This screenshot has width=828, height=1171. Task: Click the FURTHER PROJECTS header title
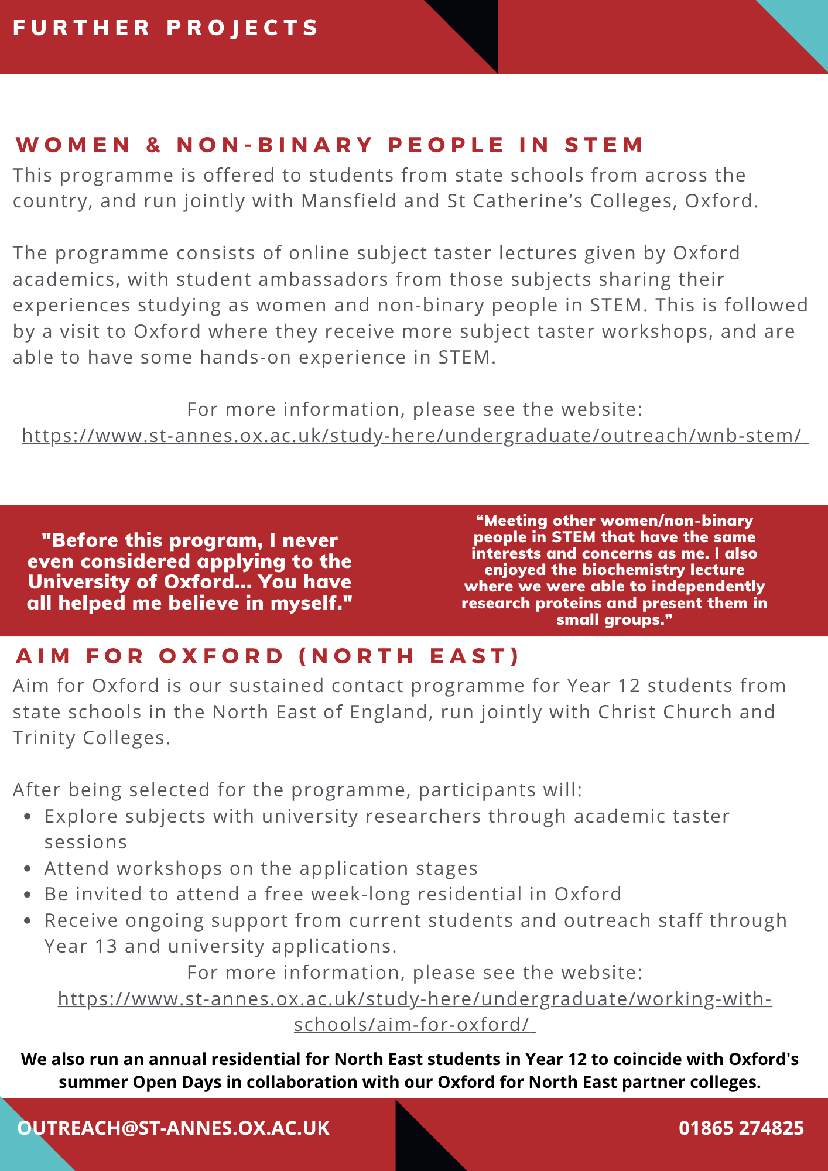point(166,28)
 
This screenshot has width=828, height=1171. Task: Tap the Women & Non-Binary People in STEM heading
point(330,145)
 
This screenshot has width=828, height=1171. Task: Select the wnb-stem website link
point(415,436)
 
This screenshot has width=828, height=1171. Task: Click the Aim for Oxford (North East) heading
point(268,656)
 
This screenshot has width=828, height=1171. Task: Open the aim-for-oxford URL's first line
point(415,998)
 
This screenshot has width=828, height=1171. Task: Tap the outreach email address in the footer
point(174,1128)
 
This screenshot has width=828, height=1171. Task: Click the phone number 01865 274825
point(741,1128)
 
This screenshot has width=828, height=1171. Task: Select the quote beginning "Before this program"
point(190,571)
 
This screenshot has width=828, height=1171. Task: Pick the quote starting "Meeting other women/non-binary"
point(614,570)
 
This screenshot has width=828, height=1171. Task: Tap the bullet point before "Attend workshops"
point(28,869)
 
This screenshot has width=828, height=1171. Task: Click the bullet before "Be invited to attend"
point(28,895)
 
